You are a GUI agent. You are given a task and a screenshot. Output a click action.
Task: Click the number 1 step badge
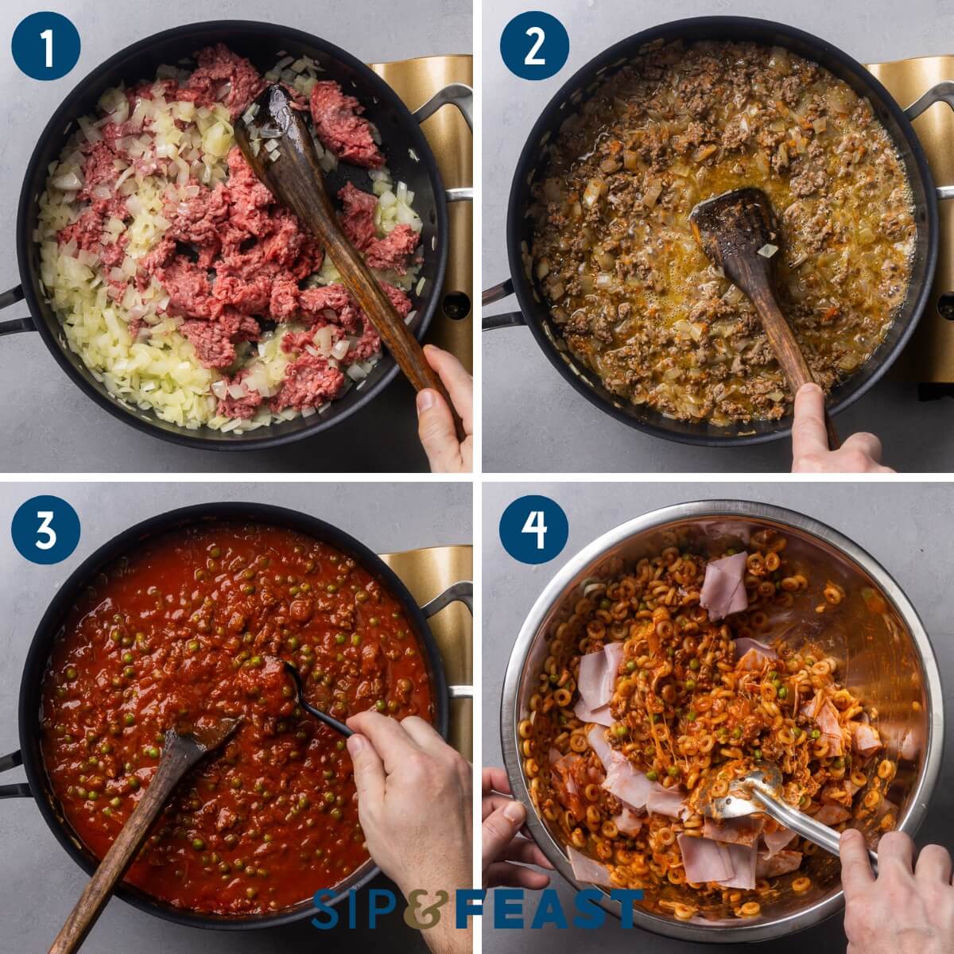tap(46, 45)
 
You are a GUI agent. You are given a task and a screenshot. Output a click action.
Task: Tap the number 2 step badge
tap(534, 45)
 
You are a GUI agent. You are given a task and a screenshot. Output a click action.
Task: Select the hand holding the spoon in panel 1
tap(445, 405)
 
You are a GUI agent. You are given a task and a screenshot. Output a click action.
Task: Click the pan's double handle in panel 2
tap(497, 302)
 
